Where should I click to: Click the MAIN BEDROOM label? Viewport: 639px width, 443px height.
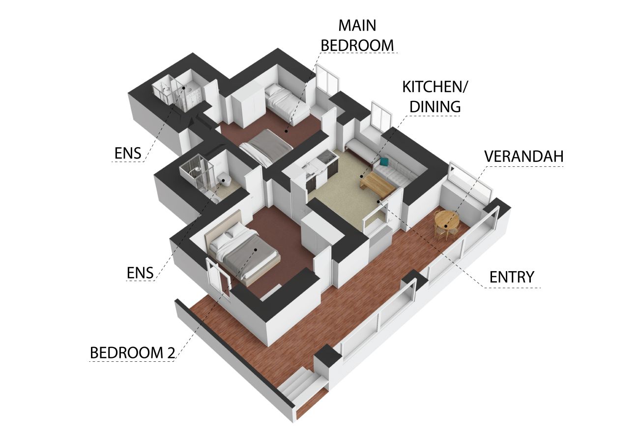357,35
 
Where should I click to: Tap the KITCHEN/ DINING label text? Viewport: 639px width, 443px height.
435,96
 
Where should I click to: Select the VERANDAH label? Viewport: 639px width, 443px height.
524,157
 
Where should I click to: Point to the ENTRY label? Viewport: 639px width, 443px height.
512,277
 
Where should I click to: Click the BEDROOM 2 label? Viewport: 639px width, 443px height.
132,353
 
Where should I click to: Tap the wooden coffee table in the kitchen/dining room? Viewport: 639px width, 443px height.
377,184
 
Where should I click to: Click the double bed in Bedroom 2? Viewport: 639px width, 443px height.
242,252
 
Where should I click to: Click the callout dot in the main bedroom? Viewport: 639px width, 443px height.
286,131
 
